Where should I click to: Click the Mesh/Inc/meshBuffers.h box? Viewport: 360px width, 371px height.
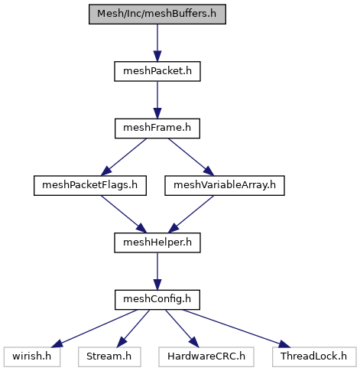click(157, 14)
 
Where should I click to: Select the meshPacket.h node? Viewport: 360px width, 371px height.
click(157, 71)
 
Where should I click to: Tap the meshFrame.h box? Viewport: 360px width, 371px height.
click(157, 129)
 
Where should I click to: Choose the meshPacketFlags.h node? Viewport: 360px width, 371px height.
click(90, 186)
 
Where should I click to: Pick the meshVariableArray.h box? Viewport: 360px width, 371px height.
click(225, 186)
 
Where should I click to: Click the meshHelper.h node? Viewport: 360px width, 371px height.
click(157, 242)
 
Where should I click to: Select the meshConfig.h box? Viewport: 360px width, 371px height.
click(157, 300)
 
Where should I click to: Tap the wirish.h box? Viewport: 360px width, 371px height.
click(32, 357)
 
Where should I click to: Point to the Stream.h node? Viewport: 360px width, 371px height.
click(109, 357)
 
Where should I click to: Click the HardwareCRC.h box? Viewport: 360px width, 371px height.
click(206, 357)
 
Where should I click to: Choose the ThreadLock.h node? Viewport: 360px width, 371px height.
click(314, 357)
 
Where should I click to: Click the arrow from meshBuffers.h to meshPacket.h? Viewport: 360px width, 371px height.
click(157, 43)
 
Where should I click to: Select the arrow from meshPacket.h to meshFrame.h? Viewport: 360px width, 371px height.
click(157, 100)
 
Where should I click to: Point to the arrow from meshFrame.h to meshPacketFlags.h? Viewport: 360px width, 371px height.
click(124, 157)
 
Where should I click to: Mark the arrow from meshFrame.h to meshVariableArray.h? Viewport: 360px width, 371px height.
click(191, 157)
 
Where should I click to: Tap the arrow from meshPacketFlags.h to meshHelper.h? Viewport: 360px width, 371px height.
click(124, 214)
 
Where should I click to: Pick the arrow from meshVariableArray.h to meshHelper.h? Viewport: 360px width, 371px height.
click(191, 214)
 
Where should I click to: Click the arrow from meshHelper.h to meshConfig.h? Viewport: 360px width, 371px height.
click(157, 272)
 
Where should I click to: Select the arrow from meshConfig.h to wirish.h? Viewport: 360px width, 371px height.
click(94, 328)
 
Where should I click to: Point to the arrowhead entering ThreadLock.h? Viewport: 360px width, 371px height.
click(284, 344)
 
